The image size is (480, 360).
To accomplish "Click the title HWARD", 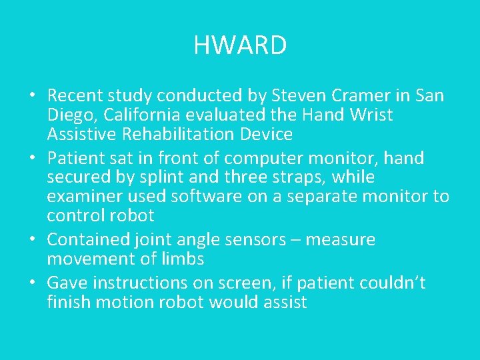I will [240, 46].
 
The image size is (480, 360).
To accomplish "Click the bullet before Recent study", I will [32, 95].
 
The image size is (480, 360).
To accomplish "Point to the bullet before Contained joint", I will [32, 239].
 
